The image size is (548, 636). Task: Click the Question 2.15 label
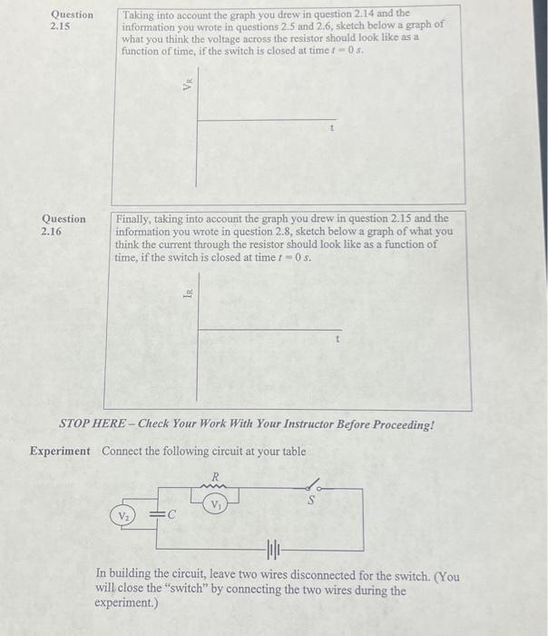click(x=71, y=20)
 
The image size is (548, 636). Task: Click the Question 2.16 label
click(x=64, y=224)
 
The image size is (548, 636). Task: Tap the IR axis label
click(x=187, y=293)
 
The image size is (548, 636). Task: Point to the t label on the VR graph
click(x=332, y=130)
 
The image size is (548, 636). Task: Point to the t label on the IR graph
click(x=338, y=339)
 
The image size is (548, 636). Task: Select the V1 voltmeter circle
click(x=216, y=503)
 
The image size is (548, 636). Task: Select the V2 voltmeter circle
click(x=120, y=516)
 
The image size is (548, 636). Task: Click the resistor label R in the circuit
click(x=216, y=475)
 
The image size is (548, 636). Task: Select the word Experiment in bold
click(x=60, y=452)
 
